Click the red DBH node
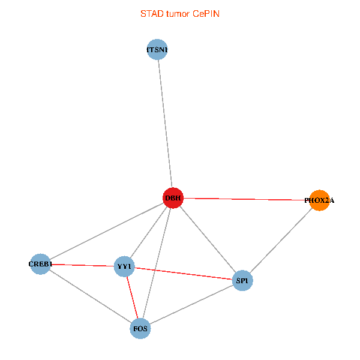pyautogui.click(x=173, y=198)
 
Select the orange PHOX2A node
pyautogui.click(x=319, y=200)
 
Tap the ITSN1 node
pyautogui.click(x=157, y=50)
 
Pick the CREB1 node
pyautogui.click(x=41, y=264)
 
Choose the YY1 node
pyautogui.click(x=124, y=266)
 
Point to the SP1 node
pyautogui.click(x=242, y=280)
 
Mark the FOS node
pyautogui.click(x=140, y=328)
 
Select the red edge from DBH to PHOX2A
pyautogui.click(x=246, y=199)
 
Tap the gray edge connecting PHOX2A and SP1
pyautogui.click(x=281, y=240)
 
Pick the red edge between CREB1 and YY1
pyautogui.click(x=82, y=265)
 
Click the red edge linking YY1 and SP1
pyautogui.click(x=183, y=273)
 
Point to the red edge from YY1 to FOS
pyautogui.click(x=132, y=298)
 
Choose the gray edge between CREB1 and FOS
pyautogui.click(x=91, y=296)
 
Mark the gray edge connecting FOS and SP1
pyautogui.click(x=191, y=304)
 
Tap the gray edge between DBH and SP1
pyautogui.click(x=208, y=239)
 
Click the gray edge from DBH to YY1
pyautogui.click(x=148, y=232)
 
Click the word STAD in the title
pyautogui.click(x=151, y=13)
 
